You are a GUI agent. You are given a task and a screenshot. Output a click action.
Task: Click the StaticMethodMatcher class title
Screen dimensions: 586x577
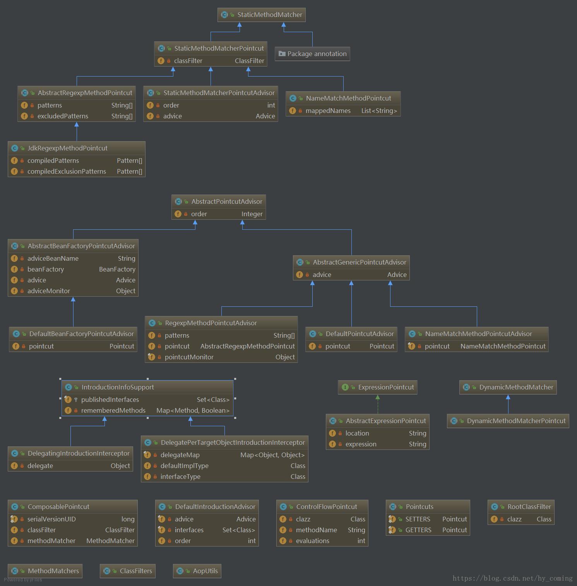click(x=269, y=15)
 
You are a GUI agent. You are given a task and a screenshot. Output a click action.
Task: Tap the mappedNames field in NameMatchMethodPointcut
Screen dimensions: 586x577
click(x=328, y=111)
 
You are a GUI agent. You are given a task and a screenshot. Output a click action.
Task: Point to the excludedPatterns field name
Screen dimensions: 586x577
click(x=63, y=116)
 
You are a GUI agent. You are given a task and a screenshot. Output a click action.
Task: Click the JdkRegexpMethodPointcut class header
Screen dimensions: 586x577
click(x=67, y=148)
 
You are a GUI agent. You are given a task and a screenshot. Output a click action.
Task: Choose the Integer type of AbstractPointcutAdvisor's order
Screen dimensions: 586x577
click(x=252, y=214)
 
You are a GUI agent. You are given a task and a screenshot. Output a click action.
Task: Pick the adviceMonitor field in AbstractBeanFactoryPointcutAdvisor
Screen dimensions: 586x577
click(x=49, y=291)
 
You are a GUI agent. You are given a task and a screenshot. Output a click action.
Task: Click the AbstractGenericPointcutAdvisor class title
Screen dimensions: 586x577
click(x=359, y=262)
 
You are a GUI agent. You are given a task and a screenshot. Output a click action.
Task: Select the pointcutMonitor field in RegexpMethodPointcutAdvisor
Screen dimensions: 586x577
click(x=189, y=357)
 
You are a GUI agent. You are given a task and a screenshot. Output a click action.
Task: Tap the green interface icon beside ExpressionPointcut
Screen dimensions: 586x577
click(x=345, y=387)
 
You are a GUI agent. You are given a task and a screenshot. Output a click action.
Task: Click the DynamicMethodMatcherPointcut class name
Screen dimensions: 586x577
click(x=516, y=421)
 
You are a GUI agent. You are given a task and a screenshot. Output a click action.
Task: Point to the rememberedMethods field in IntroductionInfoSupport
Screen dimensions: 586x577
click(x=113, y=410)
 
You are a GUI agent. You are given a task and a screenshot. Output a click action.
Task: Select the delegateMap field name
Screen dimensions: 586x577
click(x=180, y=455)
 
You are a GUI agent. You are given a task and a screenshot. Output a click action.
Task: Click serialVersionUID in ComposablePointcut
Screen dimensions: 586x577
click(x=51, y=519)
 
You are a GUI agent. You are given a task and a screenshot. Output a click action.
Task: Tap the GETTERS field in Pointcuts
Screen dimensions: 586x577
click(x=418, y=530)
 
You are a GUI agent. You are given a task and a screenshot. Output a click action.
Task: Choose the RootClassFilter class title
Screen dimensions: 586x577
click(x=529, y=507)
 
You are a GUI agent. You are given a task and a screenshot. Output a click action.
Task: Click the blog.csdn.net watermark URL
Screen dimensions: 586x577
click(x=512, y=578)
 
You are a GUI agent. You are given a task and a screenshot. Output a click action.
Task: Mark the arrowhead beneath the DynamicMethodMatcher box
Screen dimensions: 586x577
click(x=508, y=397)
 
